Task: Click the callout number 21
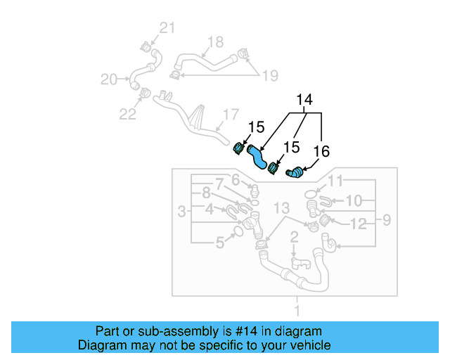click(x=166, y=28)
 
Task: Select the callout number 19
click(x=271, y=75)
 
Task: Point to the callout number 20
click(x=109, y=79)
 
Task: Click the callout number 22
click(x=127, y=114)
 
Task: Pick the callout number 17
click(x=231, y=114)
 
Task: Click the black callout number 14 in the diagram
click(x=304, y=100)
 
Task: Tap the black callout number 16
click(x=321, y=150)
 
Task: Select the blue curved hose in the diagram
click(x=259, y=156)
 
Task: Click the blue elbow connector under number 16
click(x=296, y=171)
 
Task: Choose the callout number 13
click(x=281, y=208)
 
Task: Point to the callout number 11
click(x=335, y=181)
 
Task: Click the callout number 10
click(x=354, y=201)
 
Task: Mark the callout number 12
click(x=359, y=224)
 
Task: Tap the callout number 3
click(x=181, y=211)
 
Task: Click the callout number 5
click(x=219, y=243)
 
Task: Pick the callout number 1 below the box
click(x=297, y=310)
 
